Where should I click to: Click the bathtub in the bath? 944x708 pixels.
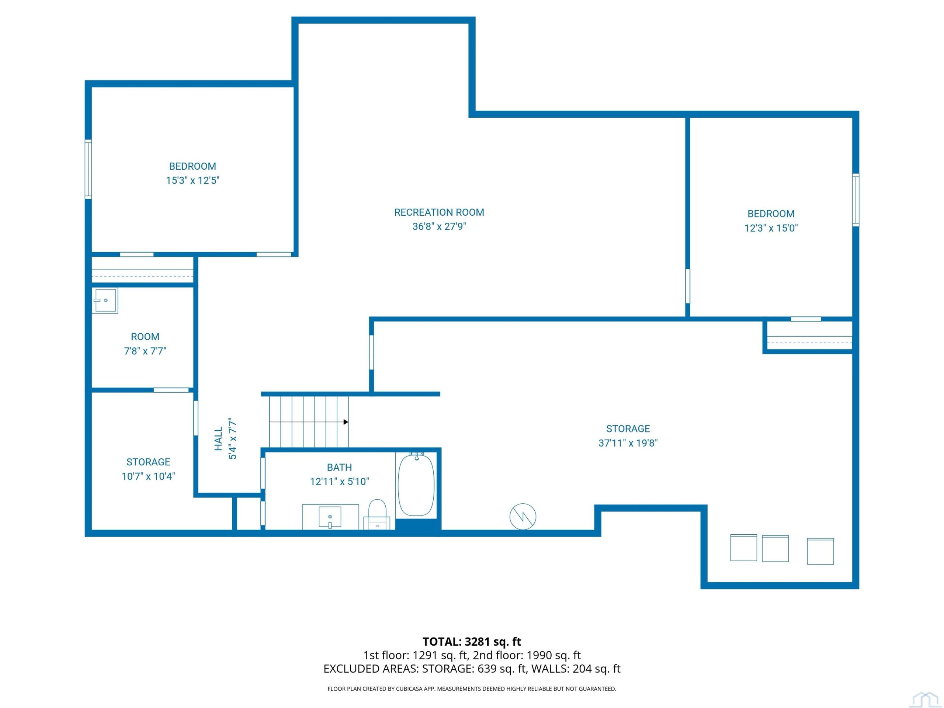pyautogui.click(x=416, y=485)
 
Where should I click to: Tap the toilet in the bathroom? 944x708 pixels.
pyautogui.click(x=377, y=514)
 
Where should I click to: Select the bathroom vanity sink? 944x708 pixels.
pyautogui.click(x=330, y=517)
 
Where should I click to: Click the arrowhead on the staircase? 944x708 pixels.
pyautogui.click(x=346, y=422)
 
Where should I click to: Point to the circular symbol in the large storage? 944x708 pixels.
pyautogui.click(x=523, y=517)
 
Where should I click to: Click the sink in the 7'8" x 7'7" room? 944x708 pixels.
pyautogui.click(x=105, y=301)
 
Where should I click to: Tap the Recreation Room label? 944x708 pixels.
pyautogui.click(x=439, y=212)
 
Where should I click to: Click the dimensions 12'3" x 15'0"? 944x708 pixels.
pyautogui.click(x=771, y=228)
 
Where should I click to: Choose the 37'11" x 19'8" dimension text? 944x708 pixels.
pyautogui.click(x=628, y=443)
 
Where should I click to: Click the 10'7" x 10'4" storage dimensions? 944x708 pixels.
pyautogui.click(x=148, y=476)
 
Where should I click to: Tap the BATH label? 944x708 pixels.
pyautogui.click(x=339, y=467)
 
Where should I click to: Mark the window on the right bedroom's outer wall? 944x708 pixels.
pyautogui.click(x=855, y=200)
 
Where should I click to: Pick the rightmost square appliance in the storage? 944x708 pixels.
pyautogui.click(x=820, y=551)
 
